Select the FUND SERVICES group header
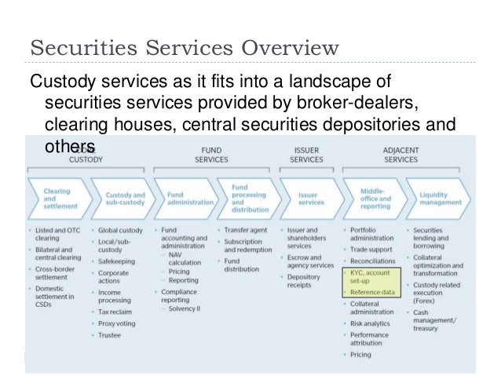click(211, 153)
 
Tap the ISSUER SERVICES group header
click(305, 153)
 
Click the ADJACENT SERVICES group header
click(400, 153)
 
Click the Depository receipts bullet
click(307, 281)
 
